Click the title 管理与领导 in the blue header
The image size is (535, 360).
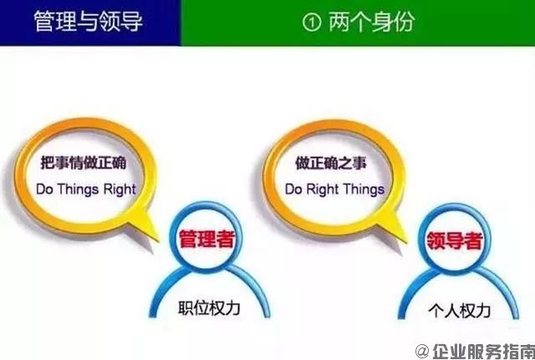[x=88, y=20]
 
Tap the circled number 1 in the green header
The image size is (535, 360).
[x=313, y=22]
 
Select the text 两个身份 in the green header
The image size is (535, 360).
[x=373, y=22]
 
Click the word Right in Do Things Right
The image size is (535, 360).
[x=119, y=190]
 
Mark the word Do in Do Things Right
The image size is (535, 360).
[x=43, y=190]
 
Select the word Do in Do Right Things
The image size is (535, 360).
[x=293, y=190]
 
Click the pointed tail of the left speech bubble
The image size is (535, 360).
[x=154, y=228]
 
